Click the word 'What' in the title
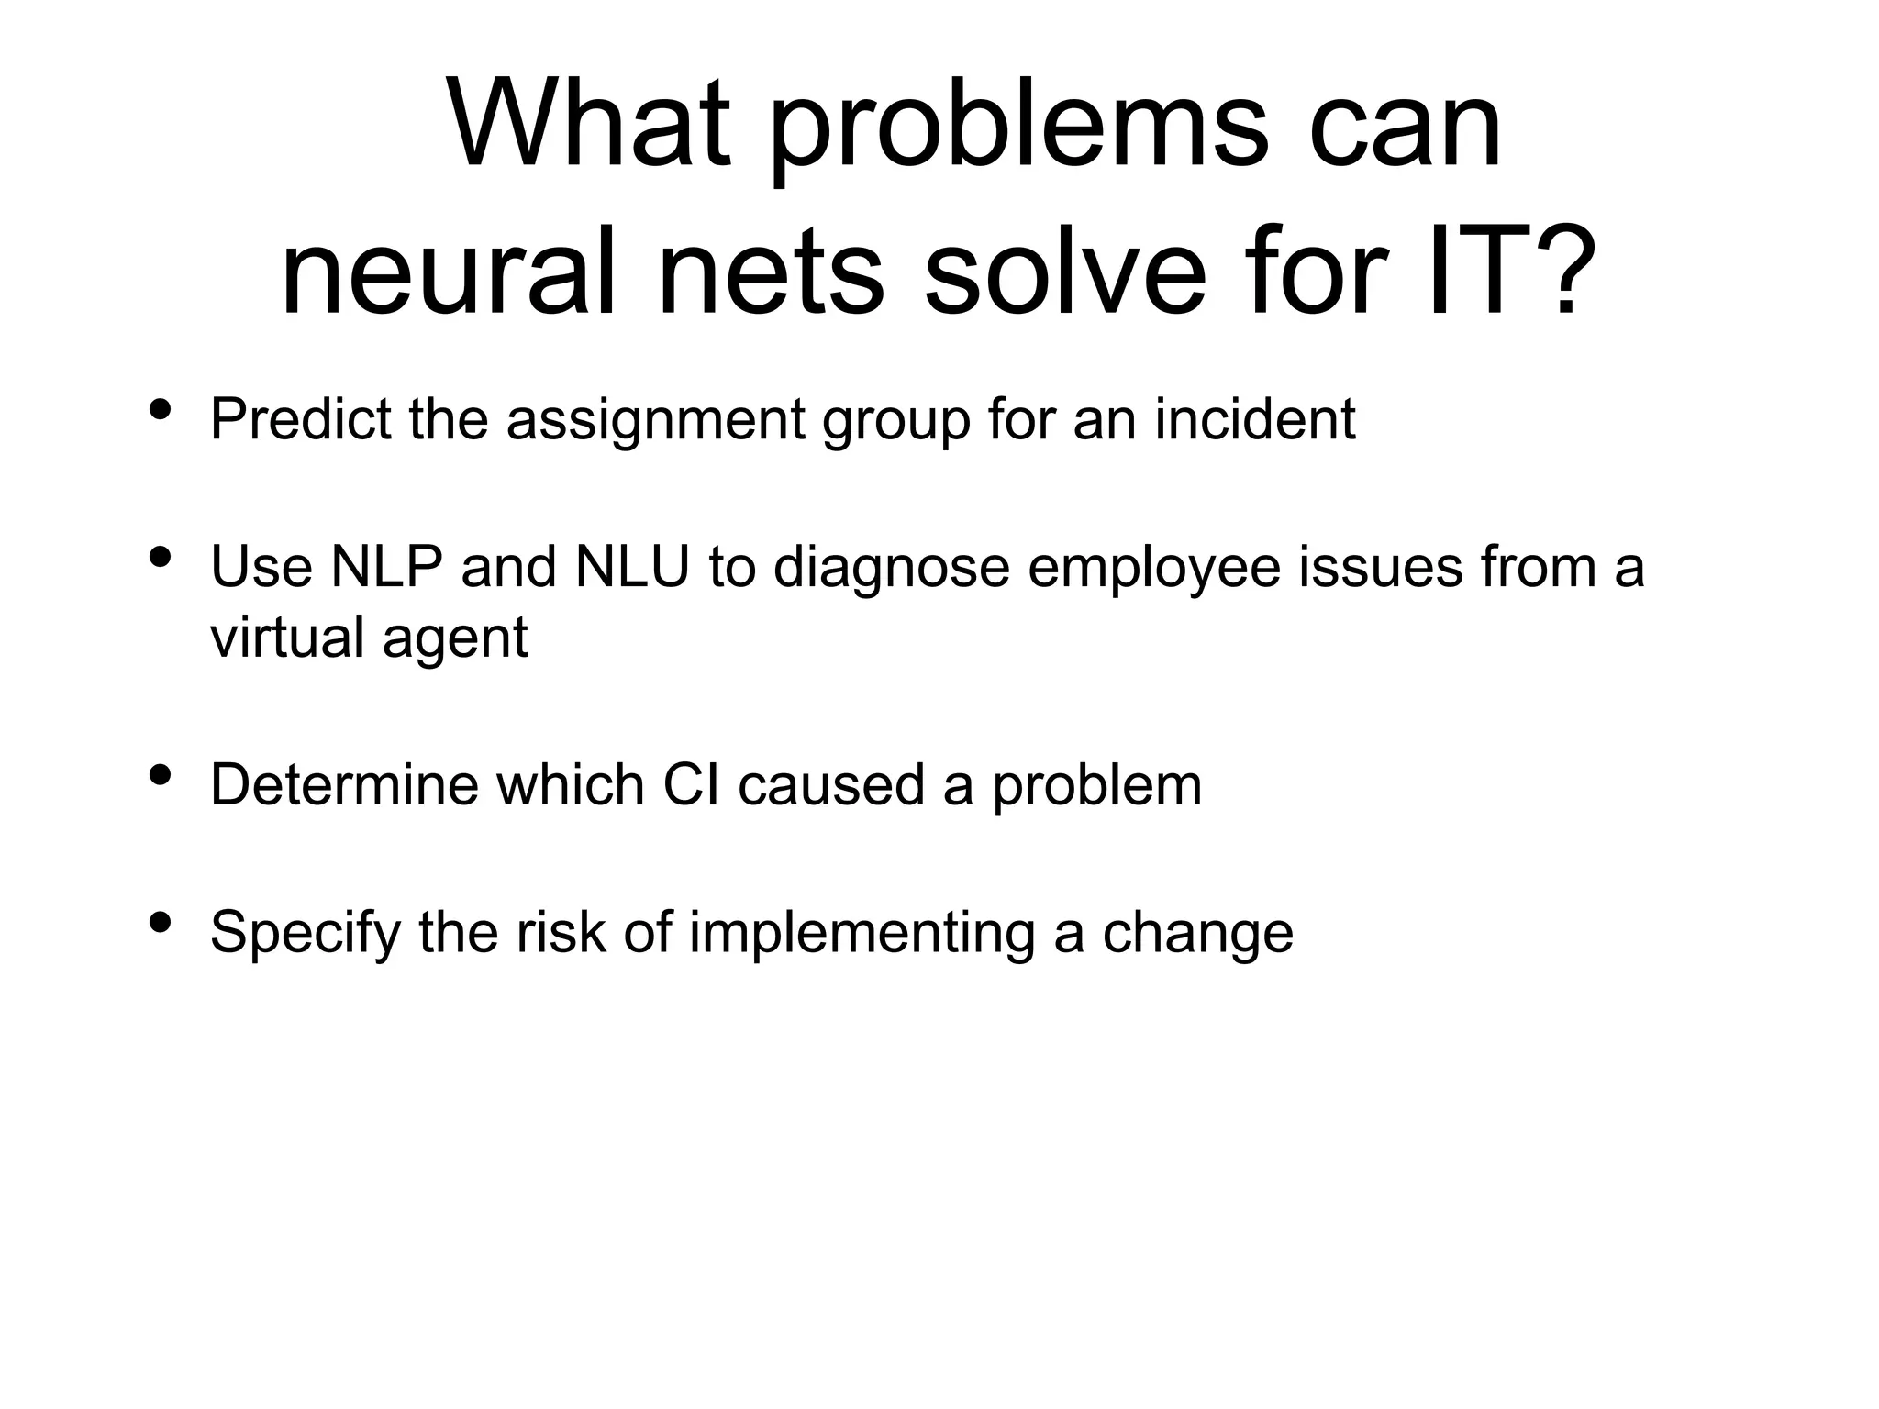pyautogui.click(x=588, y=125)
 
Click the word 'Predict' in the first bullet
pyautogui.click(x=301, y=419)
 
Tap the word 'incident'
pyautogui.click(x=1254, y=419)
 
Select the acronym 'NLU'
pyautogui.click(x=632, y=566)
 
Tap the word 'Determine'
pyautogui.click(x=344, y=785)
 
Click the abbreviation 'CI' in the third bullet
pyautogui.click(x=691, y=785)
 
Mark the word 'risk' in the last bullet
pyautogui.click(x=560, y=932)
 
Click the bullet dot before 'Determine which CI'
pyautogui.click(x=160, y=776)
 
